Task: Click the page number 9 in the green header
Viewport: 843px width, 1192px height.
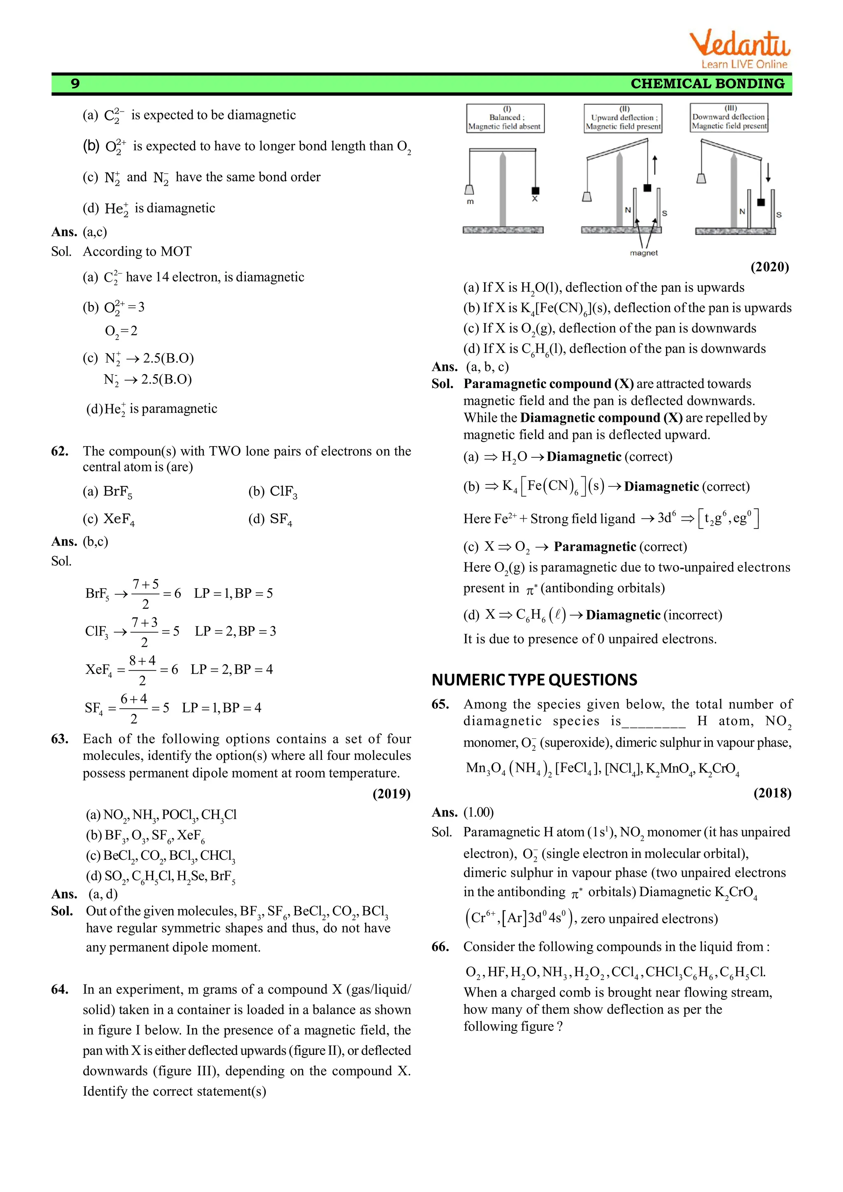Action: coord(75,84)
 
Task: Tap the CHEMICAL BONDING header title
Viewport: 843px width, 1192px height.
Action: coord(707,84)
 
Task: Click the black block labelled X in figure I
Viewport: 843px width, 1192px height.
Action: coord(535,191)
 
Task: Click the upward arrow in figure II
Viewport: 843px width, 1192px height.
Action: coord(655,165)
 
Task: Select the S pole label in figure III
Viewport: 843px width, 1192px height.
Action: coord(779,214)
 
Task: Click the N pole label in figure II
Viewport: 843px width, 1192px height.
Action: coord(628,210)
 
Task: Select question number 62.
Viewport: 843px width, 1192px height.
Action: coord(60,451)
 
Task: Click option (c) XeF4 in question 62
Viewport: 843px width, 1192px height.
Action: coord(109,519)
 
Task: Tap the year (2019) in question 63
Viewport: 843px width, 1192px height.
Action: coord(391,794)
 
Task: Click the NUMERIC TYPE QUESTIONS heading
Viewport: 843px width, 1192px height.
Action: coord(534,680)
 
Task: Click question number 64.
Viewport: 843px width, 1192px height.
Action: coord(60,989)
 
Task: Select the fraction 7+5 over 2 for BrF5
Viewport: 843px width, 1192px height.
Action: coord(145,594)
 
